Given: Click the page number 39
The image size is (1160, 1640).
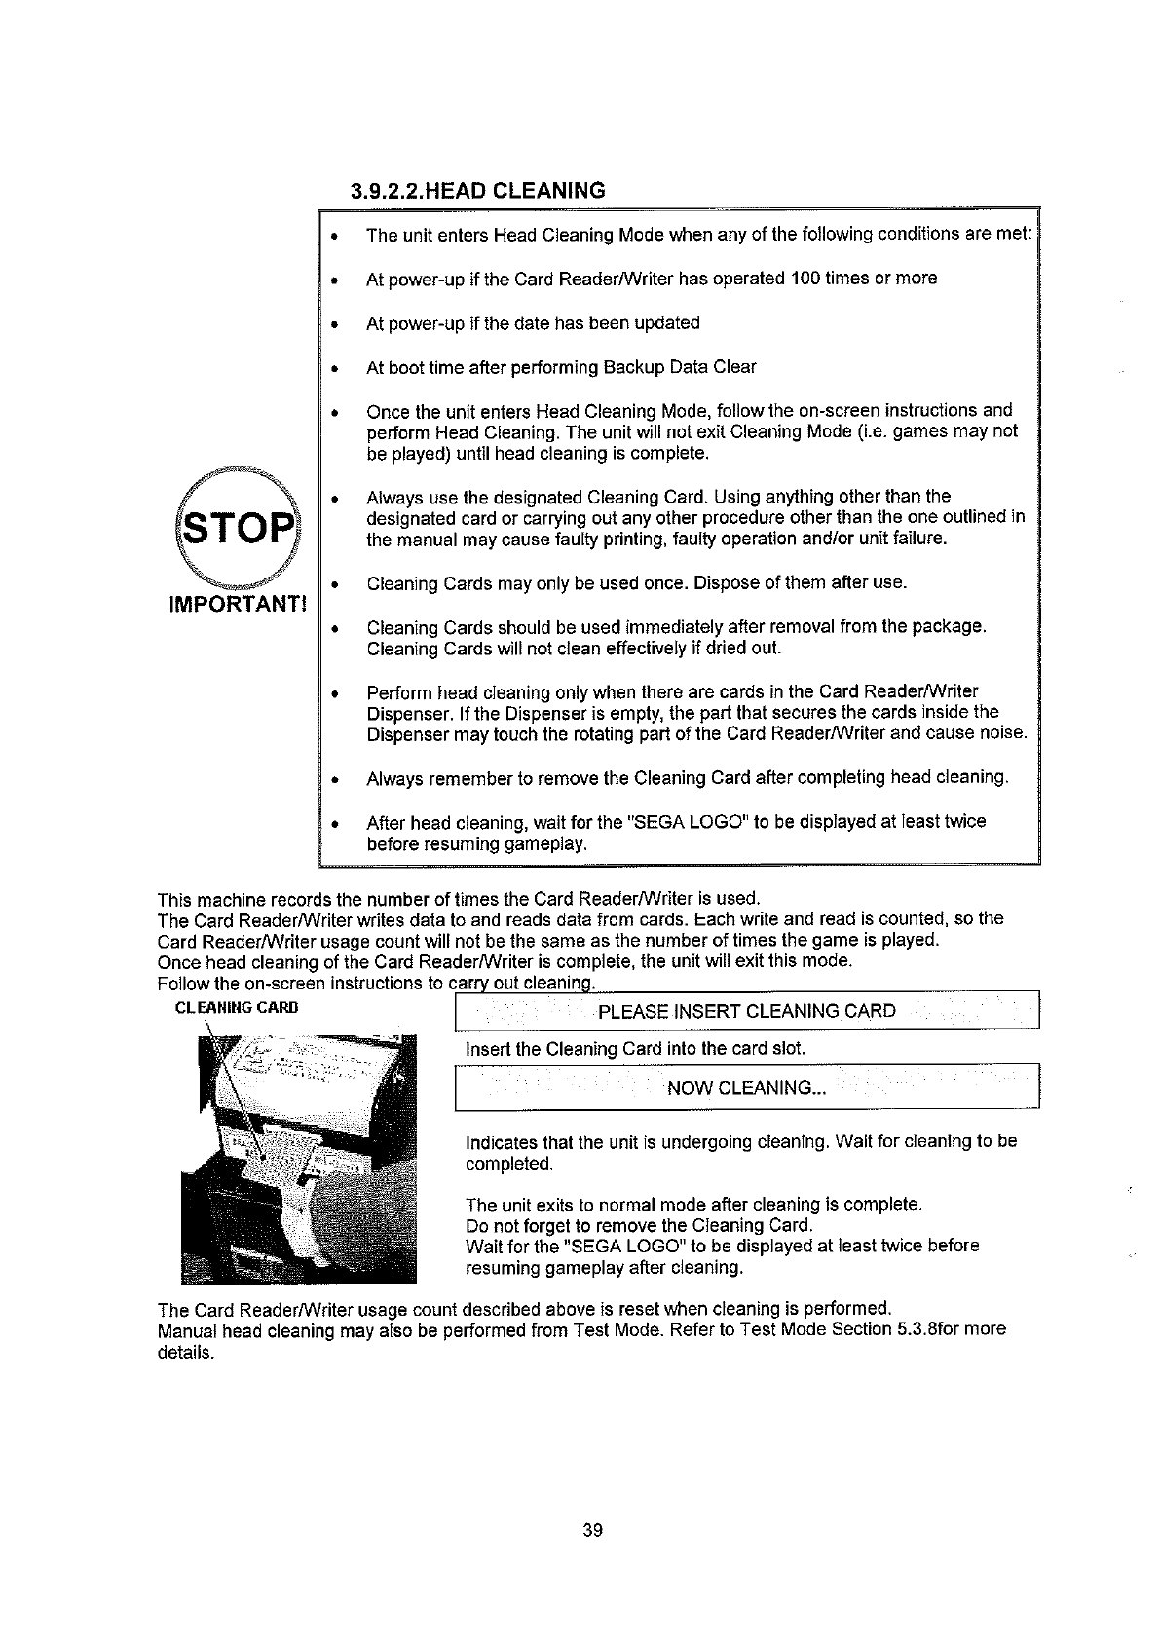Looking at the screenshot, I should coord(593,1530).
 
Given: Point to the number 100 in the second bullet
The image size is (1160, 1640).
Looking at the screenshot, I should coord(807,279).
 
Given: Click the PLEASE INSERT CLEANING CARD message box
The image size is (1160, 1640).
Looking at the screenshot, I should coord(747,1010).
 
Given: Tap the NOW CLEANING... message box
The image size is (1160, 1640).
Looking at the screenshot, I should coord(747,1088).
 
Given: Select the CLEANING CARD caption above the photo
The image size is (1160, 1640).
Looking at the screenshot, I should coord(235,1007).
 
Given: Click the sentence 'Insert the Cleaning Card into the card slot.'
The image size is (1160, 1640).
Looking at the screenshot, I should coord(636,1049).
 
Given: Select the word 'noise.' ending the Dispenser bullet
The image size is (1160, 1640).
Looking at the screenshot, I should coord(1003,733).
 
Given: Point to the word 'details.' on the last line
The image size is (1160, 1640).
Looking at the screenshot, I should coord(185,1353).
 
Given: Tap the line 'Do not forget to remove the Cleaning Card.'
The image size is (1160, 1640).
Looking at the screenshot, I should coord(639,1225).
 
